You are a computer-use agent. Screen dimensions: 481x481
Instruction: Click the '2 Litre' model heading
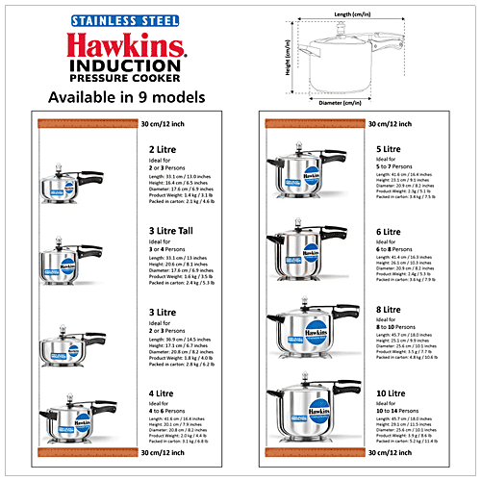(x=162, y=149)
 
